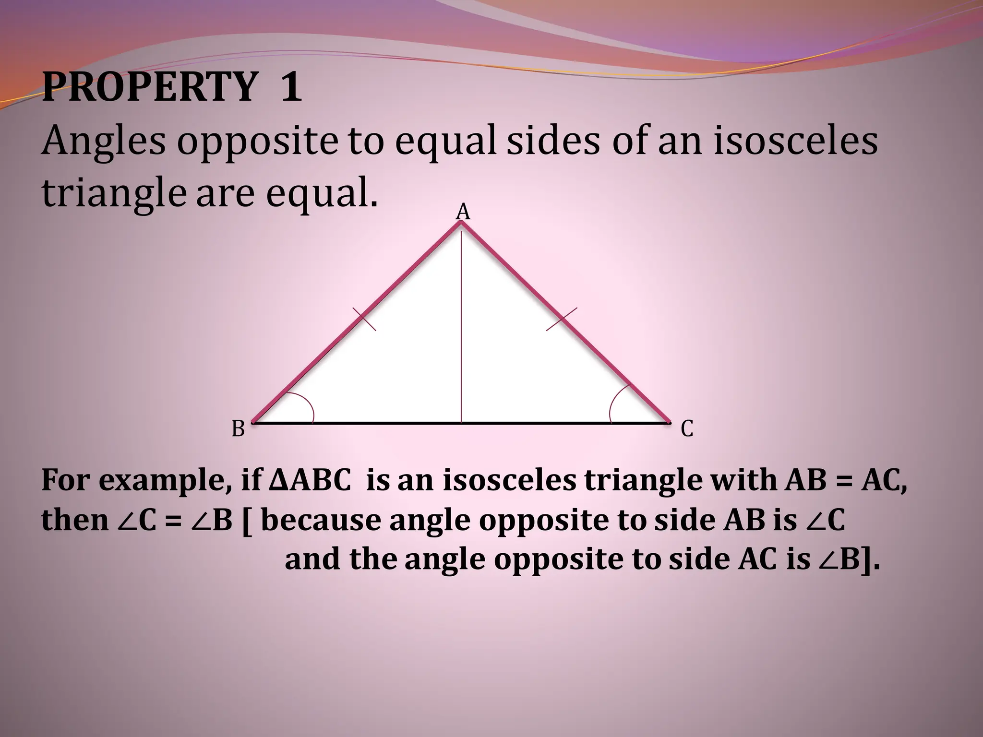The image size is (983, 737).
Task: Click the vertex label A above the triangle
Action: point(463,212)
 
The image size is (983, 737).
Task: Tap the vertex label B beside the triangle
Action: point(239,428)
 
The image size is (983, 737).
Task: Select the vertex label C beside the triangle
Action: point(687,428)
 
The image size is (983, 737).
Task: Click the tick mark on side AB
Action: point(364,320)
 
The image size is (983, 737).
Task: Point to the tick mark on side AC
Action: point(562,319)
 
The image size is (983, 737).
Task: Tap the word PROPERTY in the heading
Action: point(149,88)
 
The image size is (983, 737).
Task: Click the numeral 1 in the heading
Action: point(291,88)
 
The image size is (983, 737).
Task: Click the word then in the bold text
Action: point(74,521)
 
